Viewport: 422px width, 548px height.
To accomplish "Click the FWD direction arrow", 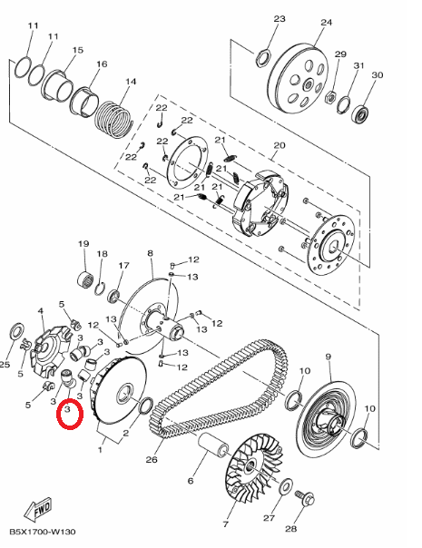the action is pyautogui.click(x=38, y=508).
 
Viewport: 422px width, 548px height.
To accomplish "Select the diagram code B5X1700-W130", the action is pyautogui.click(x=43, y=532).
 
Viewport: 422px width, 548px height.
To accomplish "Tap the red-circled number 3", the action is pyautogui.click(x=68, y=408).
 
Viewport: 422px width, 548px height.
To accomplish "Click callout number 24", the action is pyautogui.click(x=326, y=23).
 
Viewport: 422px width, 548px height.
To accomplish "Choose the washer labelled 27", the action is pyautogui.click(x=286, y=486).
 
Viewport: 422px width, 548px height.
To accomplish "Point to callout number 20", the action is pyautogui.click(x=280, y=145).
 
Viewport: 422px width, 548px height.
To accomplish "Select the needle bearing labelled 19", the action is pyautogui.click(x=85, y=279).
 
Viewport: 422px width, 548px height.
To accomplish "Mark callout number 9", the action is pyautogui.click(x=328, y=357).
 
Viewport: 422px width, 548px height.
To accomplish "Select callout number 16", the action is pyautogui.click(x=102, y=64).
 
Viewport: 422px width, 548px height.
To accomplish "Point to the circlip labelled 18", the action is pyautogui.click(x=101, y=289).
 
